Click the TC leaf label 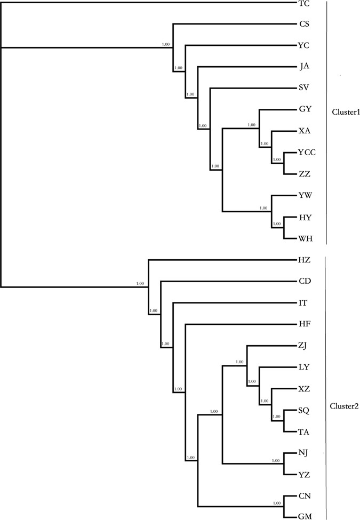[304, 3]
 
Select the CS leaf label [304, 24]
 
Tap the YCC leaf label [307, 153]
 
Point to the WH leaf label [306, 239]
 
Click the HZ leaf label [305, 260]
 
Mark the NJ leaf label [304, 453]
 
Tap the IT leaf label [303, 303]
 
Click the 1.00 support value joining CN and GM [276, 503]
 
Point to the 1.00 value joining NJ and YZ [276, 460]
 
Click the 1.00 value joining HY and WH [276, 224]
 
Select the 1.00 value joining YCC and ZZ [276, 159]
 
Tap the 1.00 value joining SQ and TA [276, 417]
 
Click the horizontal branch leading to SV [253, 89]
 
